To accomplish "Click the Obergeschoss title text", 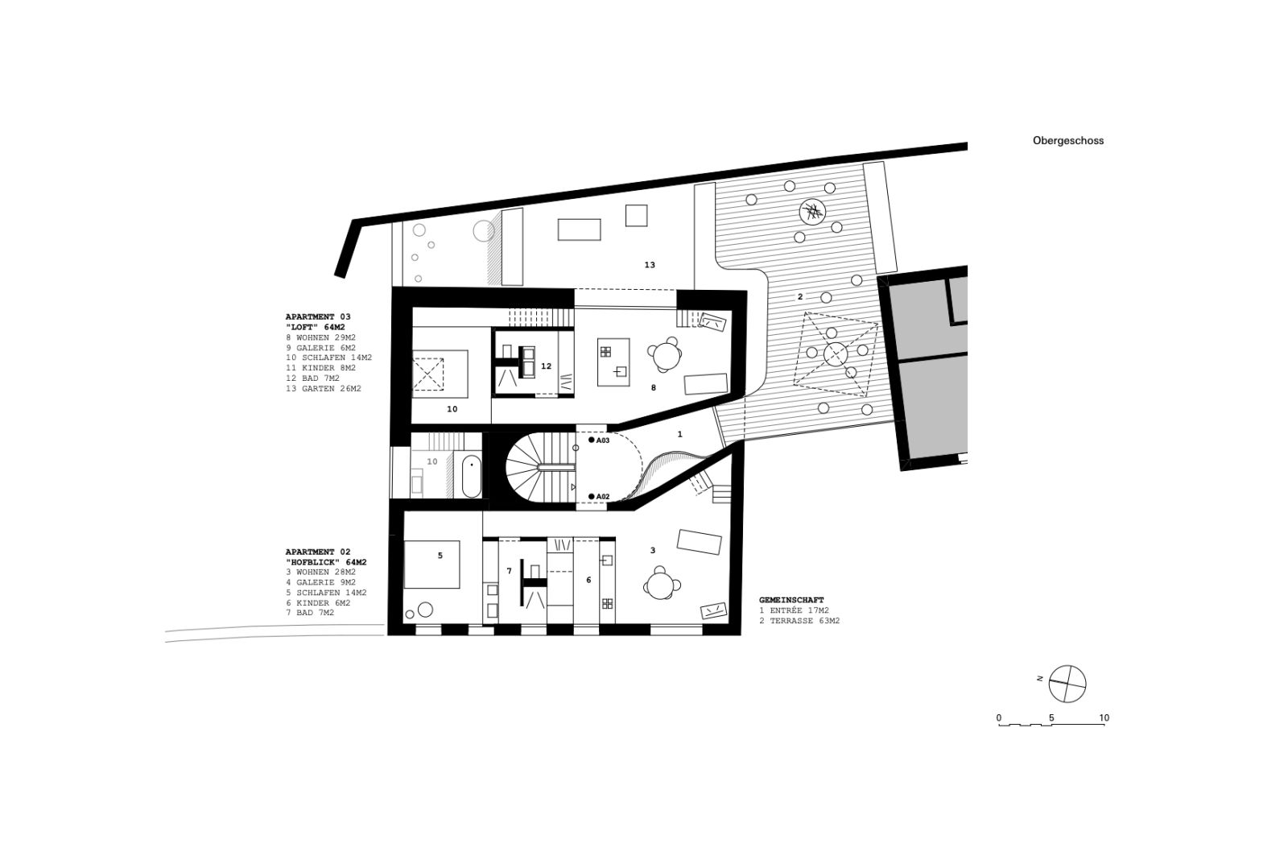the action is (x=1067, y=140).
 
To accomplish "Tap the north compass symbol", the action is (x=1067, y=684).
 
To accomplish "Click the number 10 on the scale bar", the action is (x=1104, y=718).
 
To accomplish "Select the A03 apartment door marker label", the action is (x=602, y=440).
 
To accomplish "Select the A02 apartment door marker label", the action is (x=602, y=497).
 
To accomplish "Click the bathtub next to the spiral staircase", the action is (x=472, y=476).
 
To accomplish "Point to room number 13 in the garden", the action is (x=649, y=265).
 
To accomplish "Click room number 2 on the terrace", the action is (x=800, y=297).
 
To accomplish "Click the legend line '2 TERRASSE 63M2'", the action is (x=799, y=621).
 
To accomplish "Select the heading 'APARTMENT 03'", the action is (x=318, y=316).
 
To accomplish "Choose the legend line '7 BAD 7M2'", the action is (x=310, y=613).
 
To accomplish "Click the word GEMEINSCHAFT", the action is (x=791, y=600).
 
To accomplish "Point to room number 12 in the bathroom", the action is (x=546, y=366).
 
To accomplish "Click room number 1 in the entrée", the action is (x=679, y=434).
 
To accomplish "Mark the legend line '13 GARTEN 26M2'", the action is (x=324, y=389).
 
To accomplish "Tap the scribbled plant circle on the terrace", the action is (x=812, y=213).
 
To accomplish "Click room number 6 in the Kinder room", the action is (x=588, y=580).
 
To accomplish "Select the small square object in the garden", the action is (x=637, y=216).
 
